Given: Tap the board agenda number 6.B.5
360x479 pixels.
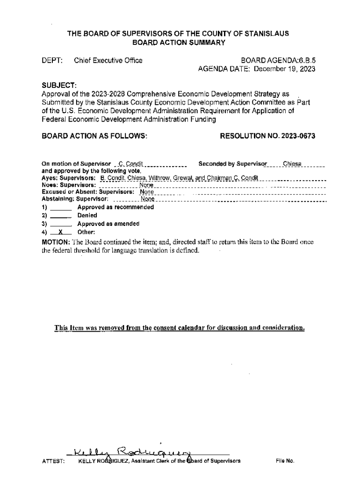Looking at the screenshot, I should pyautogui.click(x=306, y=60).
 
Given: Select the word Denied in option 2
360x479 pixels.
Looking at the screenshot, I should pyautogui.click(x=87, y=216).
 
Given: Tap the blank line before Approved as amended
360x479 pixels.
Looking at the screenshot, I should pyautogui.click(x=60, y=224).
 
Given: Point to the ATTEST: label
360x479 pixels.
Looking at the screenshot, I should pyautogui.click(x=53, y=461).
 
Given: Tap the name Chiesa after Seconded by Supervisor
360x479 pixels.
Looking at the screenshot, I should pyautogui.click(x=292, y=164).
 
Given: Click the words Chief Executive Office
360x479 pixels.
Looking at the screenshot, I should pyautogui.click(x=108, y=60).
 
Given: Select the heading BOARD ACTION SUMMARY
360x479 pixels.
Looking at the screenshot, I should pyautogui.click(x=180, y=43).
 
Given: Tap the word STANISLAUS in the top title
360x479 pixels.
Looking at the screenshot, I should pyautogui.click(x=268, y=34).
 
